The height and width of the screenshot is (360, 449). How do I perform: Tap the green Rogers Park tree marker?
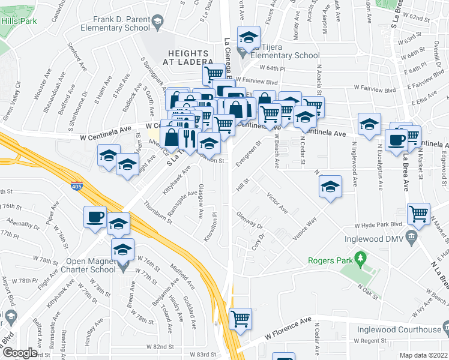pyautogui.click(x=360, y=259)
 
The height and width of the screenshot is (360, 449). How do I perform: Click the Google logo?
pyautogui.click(x=19, y=353)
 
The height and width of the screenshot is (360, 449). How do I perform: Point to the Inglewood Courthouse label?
pyautogui.click(x=407, y=329)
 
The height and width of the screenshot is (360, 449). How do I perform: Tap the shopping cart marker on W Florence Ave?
pyautogui.click(x=241, y=318)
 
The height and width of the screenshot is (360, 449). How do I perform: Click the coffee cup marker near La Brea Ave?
pyautogui.click(x=396, y=140)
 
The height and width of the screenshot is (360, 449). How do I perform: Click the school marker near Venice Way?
pyautogui.click(x=330, y=187)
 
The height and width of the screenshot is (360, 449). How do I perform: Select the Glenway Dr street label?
pyautogui.click(x=250, y=220)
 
